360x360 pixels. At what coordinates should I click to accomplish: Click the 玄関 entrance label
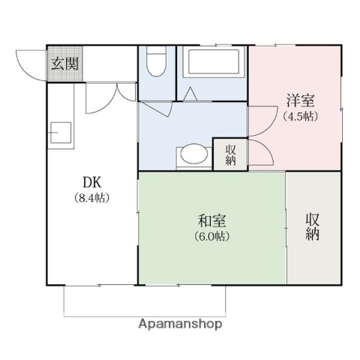coord(64,64)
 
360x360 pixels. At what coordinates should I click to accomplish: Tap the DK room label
coord(91,182)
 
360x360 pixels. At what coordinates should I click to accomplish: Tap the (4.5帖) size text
coord(299,116)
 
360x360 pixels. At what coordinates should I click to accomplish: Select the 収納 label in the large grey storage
coord(313,227)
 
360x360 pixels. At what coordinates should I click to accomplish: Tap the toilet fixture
coord(157,63)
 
